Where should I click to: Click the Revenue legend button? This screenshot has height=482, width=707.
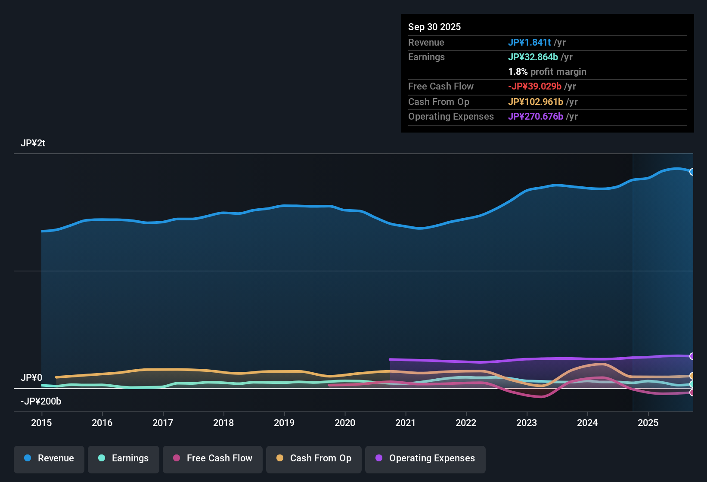coord(49,458)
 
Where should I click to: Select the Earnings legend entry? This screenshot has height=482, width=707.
coord(123,458)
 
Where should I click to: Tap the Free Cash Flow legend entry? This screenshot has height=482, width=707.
coord(212,458)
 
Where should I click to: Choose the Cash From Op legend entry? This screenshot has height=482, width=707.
coord(313,458)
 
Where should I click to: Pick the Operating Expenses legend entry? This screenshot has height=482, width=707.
coord(425,458)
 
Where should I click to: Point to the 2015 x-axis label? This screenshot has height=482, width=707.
coord(41,423)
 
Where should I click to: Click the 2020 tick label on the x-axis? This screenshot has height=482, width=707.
coord(345,423)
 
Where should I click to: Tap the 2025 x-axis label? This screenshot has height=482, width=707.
coord(648,423)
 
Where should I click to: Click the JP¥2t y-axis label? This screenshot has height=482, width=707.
coord(33,143)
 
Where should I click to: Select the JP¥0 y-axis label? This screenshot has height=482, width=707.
coord(31,378)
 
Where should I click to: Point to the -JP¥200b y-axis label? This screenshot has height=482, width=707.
coord(41,402)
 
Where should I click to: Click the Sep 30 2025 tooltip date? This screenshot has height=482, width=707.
coord(434,27)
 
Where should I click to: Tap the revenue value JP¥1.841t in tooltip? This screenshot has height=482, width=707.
coord(529,43)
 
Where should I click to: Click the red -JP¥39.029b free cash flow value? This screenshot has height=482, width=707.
coord(535,87)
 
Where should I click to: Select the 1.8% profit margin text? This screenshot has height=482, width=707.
coord(547,72)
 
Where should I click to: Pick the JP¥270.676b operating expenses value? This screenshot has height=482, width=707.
coord(535,117)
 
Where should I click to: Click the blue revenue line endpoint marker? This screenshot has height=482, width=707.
coord(692,172)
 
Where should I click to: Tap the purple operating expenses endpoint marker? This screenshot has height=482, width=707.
coord(692,356)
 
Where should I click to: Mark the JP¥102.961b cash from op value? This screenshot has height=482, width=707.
coord(535,102)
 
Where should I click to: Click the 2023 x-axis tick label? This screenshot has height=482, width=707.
coord(527,423)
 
